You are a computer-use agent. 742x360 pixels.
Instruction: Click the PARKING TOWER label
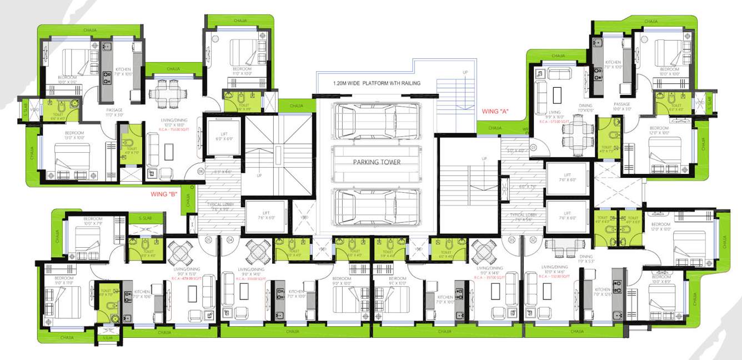[x=375, y=162]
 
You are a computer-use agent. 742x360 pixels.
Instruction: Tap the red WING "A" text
[x=495, y=112]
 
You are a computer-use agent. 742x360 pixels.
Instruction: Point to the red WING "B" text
[x=165, y=195]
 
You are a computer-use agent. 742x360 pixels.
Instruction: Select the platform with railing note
[x=377, y=83]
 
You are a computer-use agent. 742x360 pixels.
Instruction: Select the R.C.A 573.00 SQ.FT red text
[x=553, y=119]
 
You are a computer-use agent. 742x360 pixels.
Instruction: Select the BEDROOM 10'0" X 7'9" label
[x=93, y=221]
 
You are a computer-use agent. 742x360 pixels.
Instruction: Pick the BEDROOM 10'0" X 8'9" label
[x=660, y=279]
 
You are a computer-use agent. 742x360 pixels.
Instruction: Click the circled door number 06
[x=200, y=171]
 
